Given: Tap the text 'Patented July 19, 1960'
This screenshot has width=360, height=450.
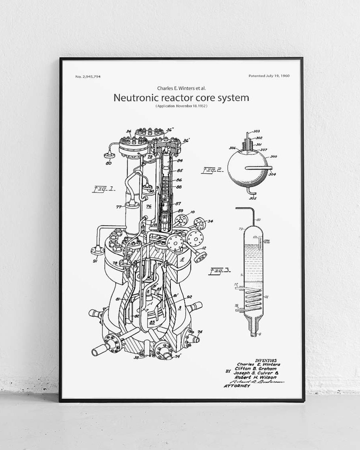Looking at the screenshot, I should pos(269,76).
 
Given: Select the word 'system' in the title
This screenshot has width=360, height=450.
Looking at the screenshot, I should pos(231,98).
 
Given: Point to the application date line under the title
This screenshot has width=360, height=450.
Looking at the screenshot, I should pos(182,106).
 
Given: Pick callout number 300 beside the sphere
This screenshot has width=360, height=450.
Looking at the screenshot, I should pos(274,157).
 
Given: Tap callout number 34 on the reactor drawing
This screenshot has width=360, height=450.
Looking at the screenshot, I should pos(210,221).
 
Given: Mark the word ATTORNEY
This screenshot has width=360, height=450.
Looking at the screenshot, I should pos(237,386).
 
